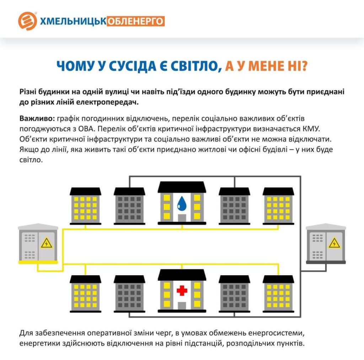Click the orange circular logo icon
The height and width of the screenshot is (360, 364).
pos(27,21)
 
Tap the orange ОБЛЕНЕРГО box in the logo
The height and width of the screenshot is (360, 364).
pos(135,21)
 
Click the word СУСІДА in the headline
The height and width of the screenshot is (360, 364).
pos(133,66)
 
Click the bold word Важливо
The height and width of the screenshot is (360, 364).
pos(37,118)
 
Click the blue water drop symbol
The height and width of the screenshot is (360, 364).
pos(182,203)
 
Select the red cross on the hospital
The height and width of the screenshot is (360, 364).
pos(182,291)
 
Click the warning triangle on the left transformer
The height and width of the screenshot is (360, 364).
pos(47,243)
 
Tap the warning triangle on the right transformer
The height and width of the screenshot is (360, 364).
pos(334,243)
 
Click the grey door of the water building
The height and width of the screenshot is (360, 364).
pos(182,218)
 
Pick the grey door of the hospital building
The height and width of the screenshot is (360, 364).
pos(182,306)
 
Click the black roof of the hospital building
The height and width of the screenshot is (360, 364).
pos(182,275)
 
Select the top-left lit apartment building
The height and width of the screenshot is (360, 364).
pos(85,206)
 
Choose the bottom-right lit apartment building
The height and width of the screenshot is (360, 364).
pos(278,294)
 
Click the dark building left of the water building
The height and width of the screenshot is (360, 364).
pos(129,206)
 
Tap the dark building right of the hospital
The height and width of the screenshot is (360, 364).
pos(234,294)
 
